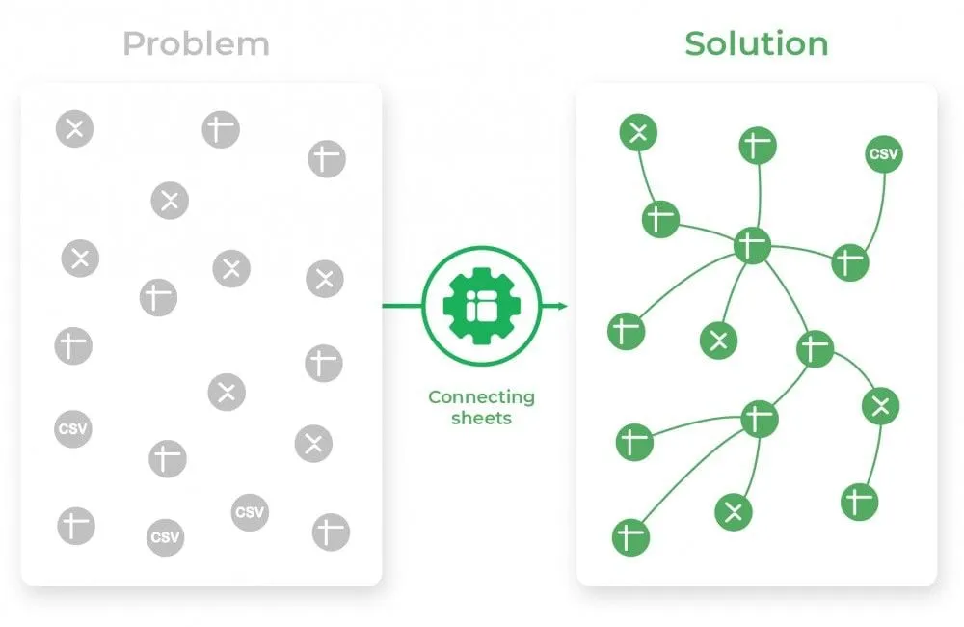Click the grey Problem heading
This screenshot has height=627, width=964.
coord(196,44)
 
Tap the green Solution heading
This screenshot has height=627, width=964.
coord(757,43)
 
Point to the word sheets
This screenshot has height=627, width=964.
coord(481,419)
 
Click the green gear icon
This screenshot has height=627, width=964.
coord(482,306)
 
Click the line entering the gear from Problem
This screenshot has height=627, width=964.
coord(402,306)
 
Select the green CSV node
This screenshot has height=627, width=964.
coord(884,153)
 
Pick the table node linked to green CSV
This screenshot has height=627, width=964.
coord(850,262)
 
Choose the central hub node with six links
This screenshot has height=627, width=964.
coord(753,246)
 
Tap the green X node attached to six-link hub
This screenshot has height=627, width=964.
coord(719,341)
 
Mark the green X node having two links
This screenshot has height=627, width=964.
coord(880,406)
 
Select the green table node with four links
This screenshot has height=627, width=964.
coord(760,419)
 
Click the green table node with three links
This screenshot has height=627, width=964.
coord(816,349)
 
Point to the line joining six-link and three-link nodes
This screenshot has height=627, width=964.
coord(790,294)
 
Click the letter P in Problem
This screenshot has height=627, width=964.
coord(133,44)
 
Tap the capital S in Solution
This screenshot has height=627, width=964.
coord(696,43)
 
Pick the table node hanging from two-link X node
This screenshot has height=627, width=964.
coord(860,503)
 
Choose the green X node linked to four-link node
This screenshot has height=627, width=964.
coord(734,512)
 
